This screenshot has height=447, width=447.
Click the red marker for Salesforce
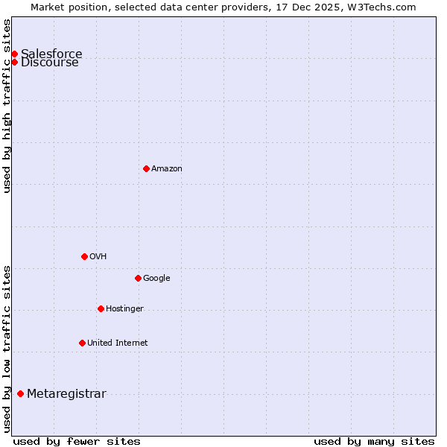[14, 54]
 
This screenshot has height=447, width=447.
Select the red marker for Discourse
[14, 62]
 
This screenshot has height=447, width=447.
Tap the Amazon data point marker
[146, 168]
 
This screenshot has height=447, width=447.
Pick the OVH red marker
[84, 256]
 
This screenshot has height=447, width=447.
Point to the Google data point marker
[138, 278]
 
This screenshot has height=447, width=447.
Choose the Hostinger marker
[101, 308]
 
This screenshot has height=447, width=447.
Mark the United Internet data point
[82, 343]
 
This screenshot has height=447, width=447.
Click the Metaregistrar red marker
[20, 393]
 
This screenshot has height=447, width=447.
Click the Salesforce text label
[51, 54]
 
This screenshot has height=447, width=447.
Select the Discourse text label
[49, 63]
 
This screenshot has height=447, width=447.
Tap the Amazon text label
[166, 168]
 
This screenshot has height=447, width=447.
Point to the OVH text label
[98, 256]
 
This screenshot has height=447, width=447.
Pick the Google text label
[156, 278]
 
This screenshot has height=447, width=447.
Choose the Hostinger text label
[124, 308]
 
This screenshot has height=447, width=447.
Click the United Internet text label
[117, 343]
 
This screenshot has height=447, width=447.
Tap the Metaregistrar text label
[66, 393]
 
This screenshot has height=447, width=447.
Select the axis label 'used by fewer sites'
[77, 441]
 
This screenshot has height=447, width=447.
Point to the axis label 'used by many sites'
[374, 441]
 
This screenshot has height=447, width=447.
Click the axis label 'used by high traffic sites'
[7, 105]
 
